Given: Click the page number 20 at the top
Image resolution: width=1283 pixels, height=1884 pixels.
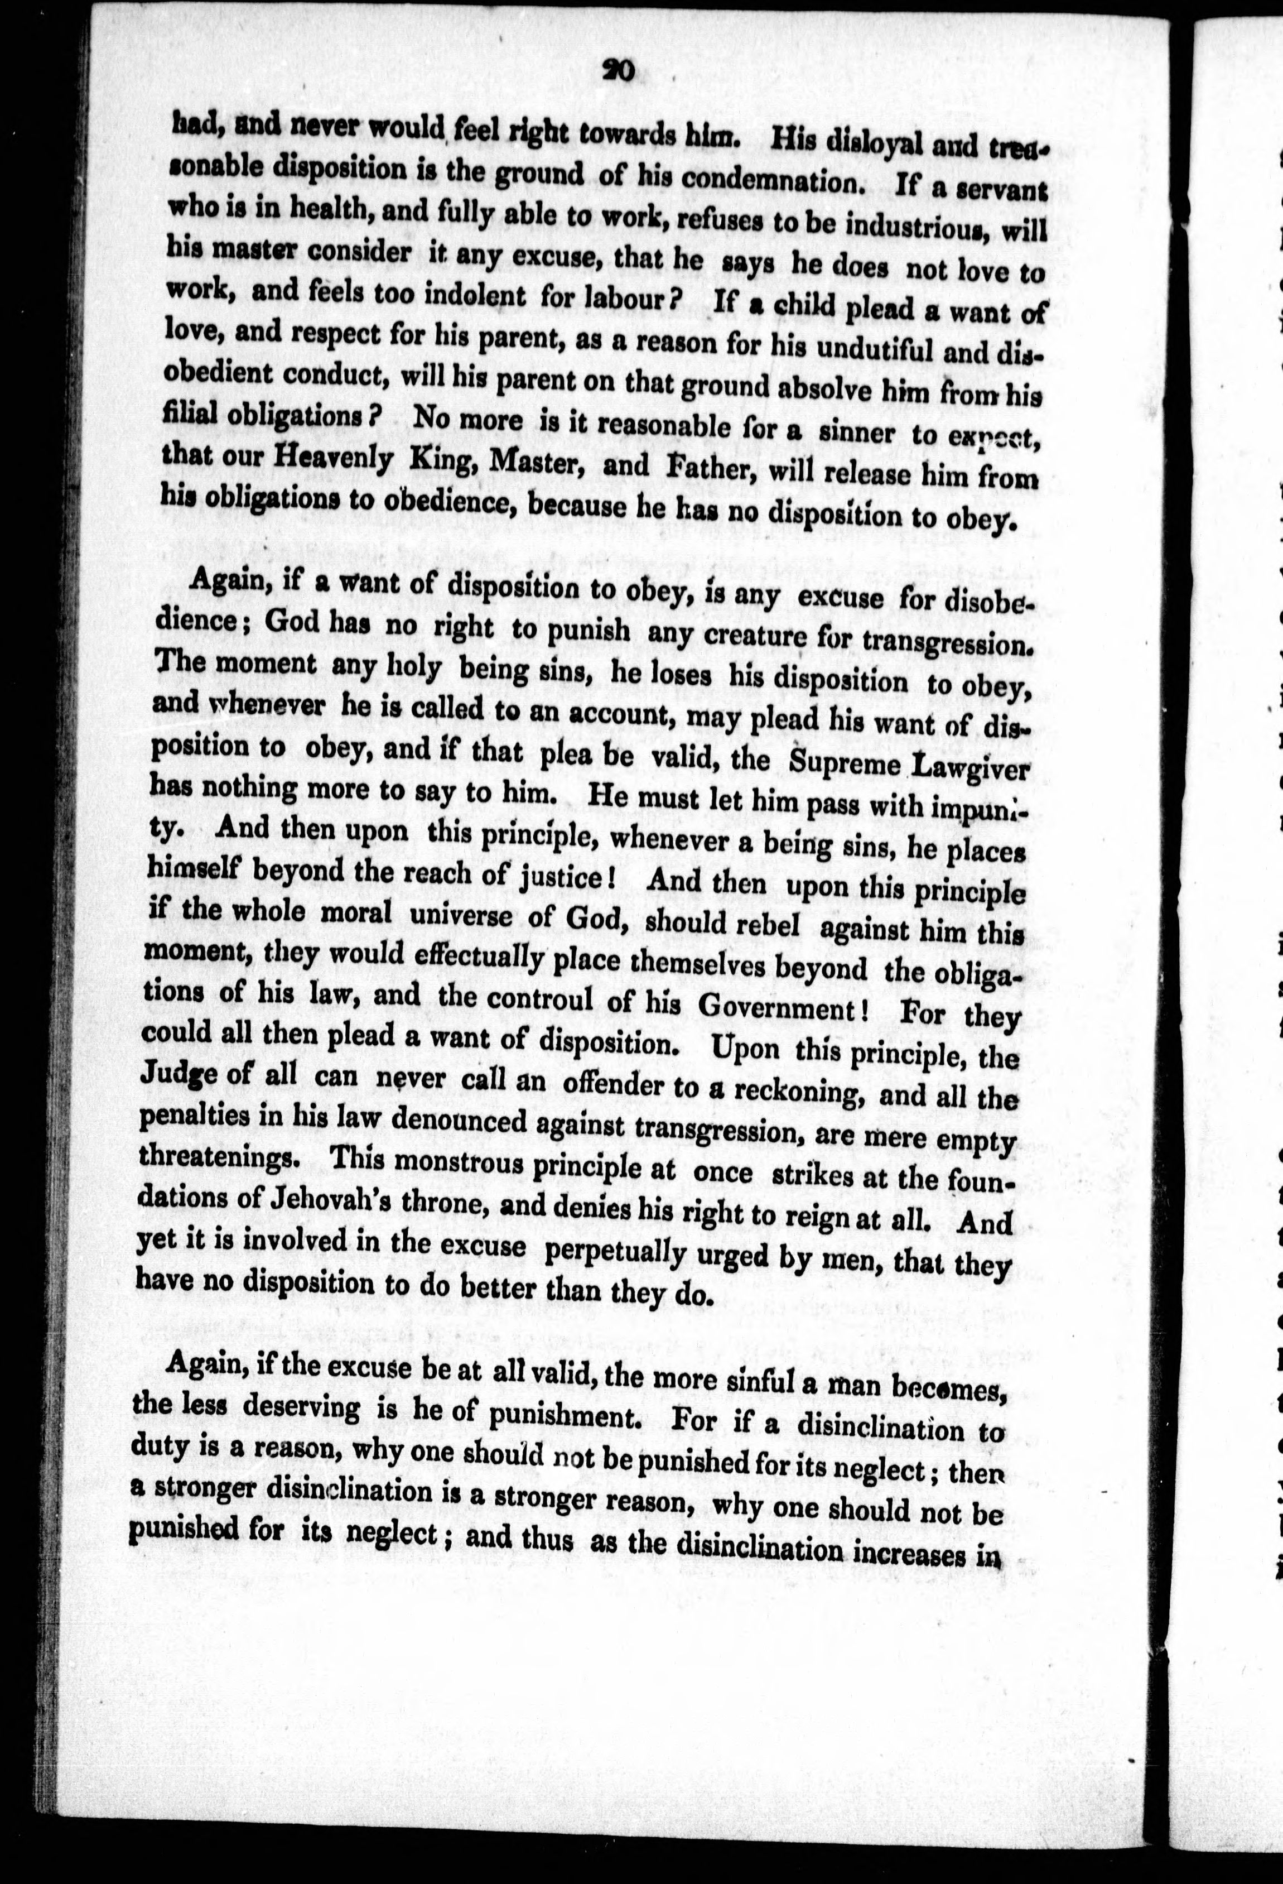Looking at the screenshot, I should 620,72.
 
